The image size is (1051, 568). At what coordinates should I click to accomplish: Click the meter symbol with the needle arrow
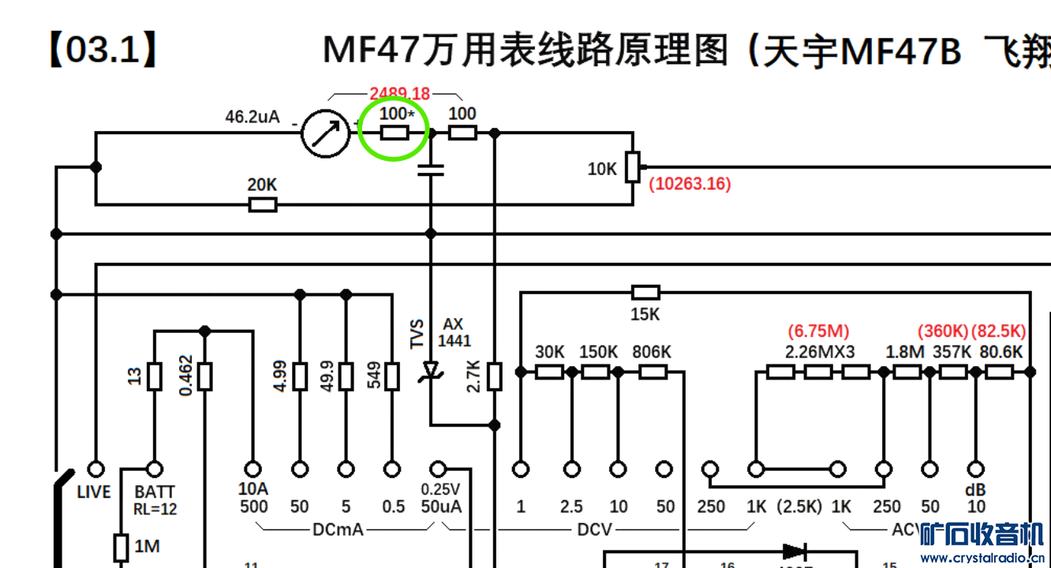(324, 133)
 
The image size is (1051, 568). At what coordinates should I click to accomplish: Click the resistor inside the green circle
(395, 133)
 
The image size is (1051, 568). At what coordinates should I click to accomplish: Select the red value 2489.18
(399, 94)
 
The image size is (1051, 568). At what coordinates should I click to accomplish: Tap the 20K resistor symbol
(263, 205)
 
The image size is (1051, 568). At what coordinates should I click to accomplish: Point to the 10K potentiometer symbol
(632, 167)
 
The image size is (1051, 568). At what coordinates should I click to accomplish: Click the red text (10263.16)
(690, 184)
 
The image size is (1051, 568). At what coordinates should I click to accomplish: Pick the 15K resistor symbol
(645, 293)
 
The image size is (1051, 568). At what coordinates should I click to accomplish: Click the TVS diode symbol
(431, 370)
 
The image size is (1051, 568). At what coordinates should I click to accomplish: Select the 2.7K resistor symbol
(494, 376)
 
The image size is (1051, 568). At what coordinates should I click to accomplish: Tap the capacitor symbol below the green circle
(431, 169)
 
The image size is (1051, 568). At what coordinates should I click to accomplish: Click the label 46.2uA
(252, 118)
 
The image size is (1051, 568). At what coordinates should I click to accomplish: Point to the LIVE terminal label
(94, 492)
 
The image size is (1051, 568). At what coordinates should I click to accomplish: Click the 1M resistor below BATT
(121, 546)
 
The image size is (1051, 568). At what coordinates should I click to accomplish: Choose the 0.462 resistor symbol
(204, 376)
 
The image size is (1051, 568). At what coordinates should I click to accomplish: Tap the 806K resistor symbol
(653, 372)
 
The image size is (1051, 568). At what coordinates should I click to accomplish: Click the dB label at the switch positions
(976, 490)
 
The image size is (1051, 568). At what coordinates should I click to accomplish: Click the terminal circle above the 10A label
(253, 469)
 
